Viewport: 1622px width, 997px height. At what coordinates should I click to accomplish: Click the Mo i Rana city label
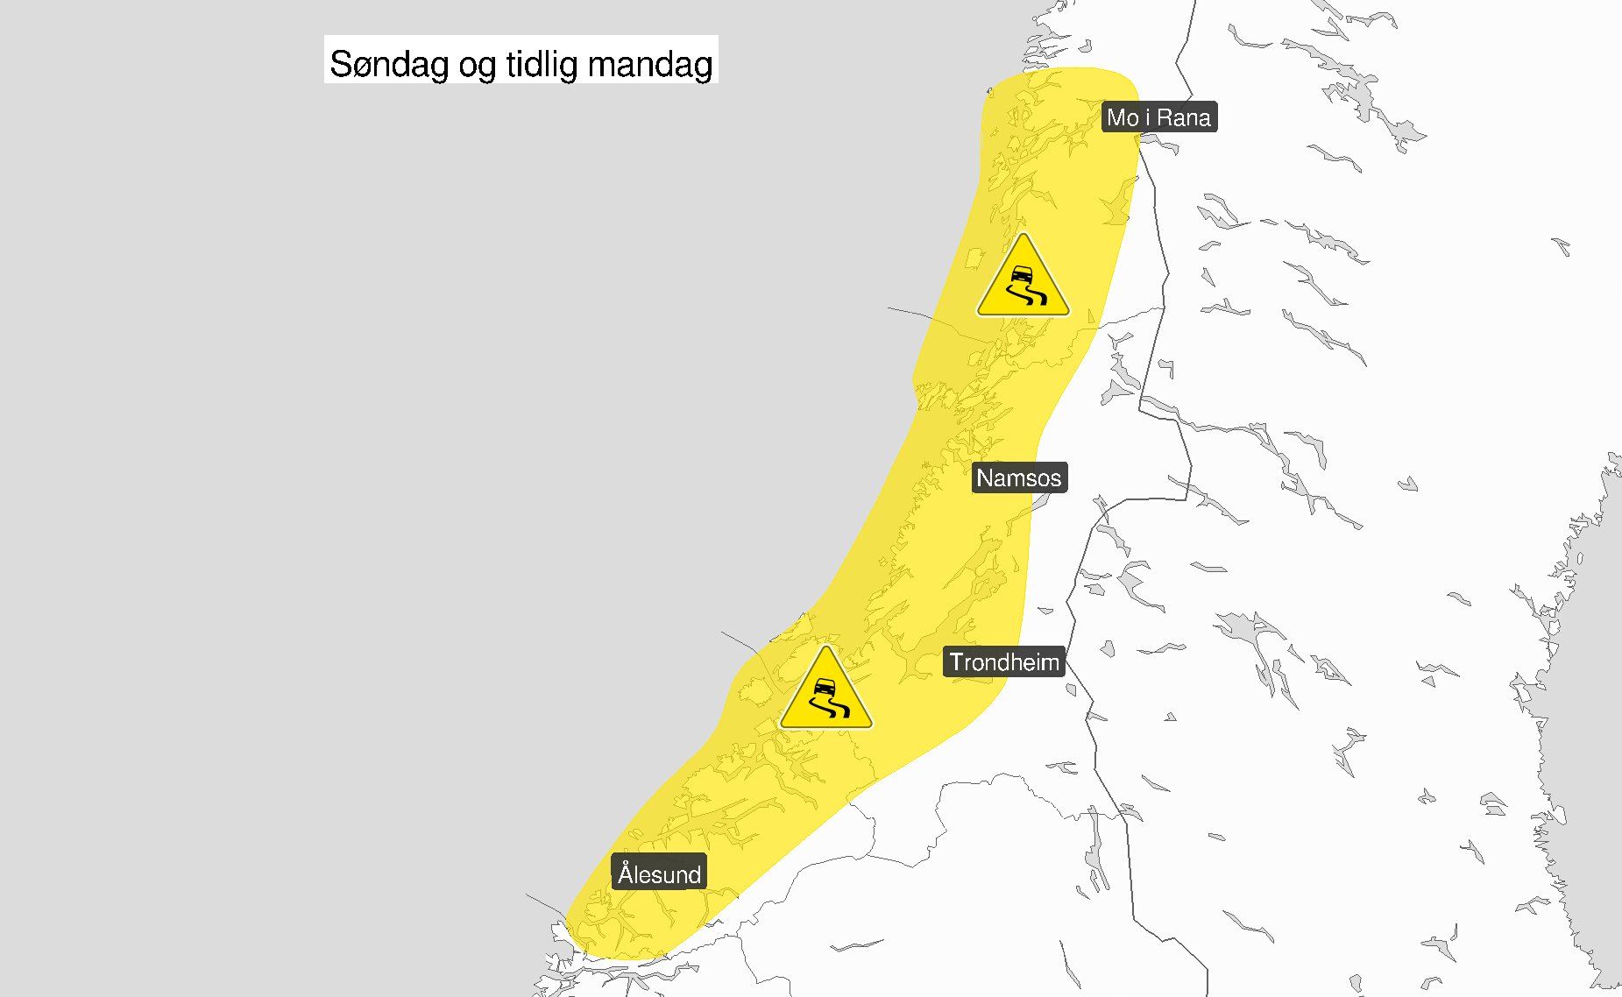pos(1158,117)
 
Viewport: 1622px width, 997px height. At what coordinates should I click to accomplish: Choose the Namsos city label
pos(1019,478)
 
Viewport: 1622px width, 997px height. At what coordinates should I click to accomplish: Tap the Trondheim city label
pos(1004,662)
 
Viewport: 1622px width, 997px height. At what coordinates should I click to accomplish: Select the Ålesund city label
pos(659,873)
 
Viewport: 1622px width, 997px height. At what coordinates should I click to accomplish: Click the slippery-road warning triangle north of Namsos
pos(1023,279)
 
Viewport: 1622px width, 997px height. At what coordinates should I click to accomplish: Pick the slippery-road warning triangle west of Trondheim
pos(825,692)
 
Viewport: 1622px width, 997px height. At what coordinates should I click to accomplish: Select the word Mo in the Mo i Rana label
pos(1123,117)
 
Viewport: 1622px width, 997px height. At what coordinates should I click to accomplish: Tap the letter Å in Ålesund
pos(626,873)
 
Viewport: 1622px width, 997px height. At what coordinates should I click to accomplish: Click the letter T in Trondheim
pos(957,662)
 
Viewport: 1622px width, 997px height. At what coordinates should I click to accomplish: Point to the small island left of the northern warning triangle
pos(971,260)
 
